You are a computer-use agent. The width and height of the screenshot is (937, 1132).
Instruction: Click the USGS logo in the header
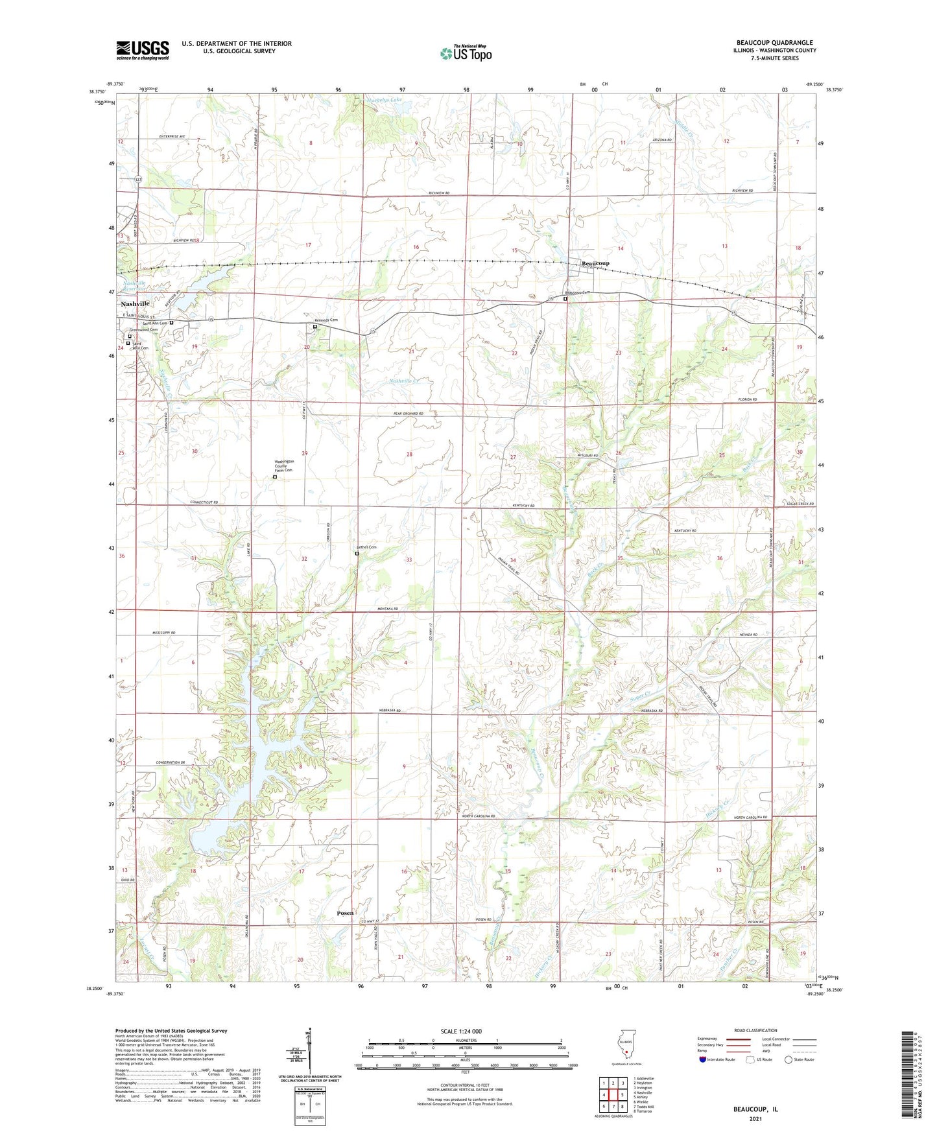pos(143,50)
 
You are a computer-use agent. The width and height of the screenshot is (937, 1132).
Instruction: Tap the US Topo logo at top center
pos(465,53)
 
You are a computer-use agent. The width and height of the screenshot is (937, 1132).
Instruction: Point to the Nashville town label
pos(135,303)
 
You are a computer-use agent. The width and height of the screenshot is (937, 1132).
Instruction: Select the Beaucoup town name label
pos(595,263)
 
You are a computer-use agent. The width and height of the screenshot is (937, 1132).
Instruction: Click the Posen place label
pos(345,913)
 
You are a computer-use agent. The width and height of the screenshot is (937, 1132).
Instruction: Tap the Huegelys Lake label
pos(384,100)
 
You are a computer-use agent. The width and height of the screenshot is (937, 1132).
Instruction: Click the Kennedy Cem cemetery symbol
pos(315,327)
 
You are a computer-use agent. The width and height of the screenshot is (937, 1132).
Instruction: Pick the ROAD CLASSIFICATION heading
pos(756,1030)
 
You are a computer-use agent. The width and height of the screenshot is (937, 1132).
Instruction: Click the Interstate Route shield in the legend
pos(703,1060)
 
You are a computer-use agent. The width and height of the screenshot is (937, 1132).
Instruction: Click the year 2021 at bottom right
pos(755,1118)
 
